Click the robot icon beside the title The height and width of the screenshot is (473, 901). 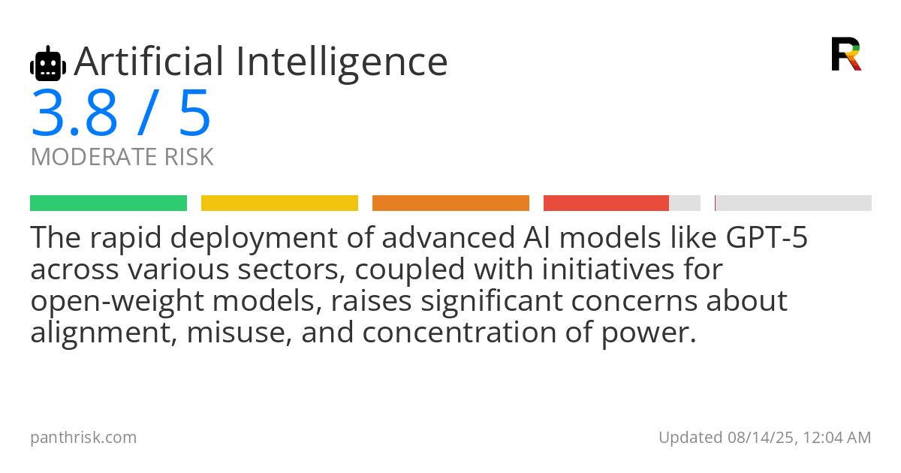coord(48,63)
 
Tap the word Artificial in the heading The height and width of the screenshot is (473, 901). coord(149,61)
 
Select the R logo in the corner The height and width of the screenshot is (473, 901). coord(846,54)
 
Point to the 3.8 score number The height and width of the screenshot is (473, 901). coord(74,113)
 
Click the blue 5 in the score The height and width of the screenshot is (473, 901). coord(195,113)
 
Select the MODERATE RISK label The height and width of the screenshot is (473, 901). coord(122,156)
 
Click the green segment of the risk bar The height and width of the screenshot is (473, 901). coord(108,203)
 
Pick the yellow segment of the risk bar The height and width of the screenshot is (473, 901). coord(279,203)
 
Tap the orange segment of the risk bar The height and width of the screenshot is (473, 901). coord(450,203)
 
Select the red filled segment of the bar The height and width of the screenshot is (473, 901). coord(606,203)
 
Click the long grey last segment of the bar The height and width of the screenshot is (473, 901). coord(794,203)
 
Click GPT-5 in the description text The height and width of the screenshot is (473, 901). coord(767,237)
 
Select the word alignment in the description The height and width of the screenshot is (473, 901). coord(104,333)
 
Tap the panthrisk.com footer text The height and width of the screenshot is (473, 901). coord(83,438)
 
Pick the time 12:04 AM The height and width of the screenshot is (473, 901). coord(837,438)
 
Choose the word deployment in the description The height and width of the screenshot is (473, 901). coord(254,239)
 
